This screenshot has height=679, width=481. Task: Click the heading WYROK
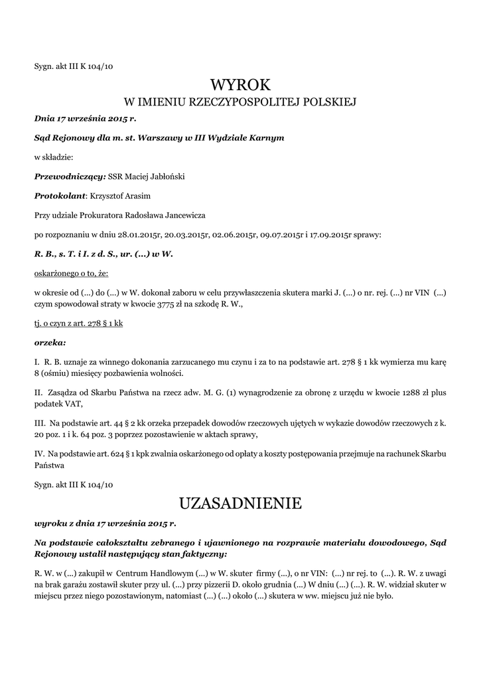click(240, 85)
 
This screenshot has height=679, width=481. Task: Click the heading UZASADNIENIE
click(240, 503)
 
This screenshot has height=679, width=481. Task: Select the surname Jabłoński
click(166, 176)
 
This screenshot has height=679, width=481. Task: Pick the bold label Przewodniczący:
click(70, 176)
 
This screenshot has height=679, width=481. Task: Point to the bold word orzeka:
click(50, 343)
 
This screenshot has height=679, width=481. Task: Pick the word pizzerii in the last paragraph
click(218, 586)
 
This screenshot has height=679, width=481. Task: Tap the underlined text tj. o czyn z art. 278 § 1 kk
click(78, 324)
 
